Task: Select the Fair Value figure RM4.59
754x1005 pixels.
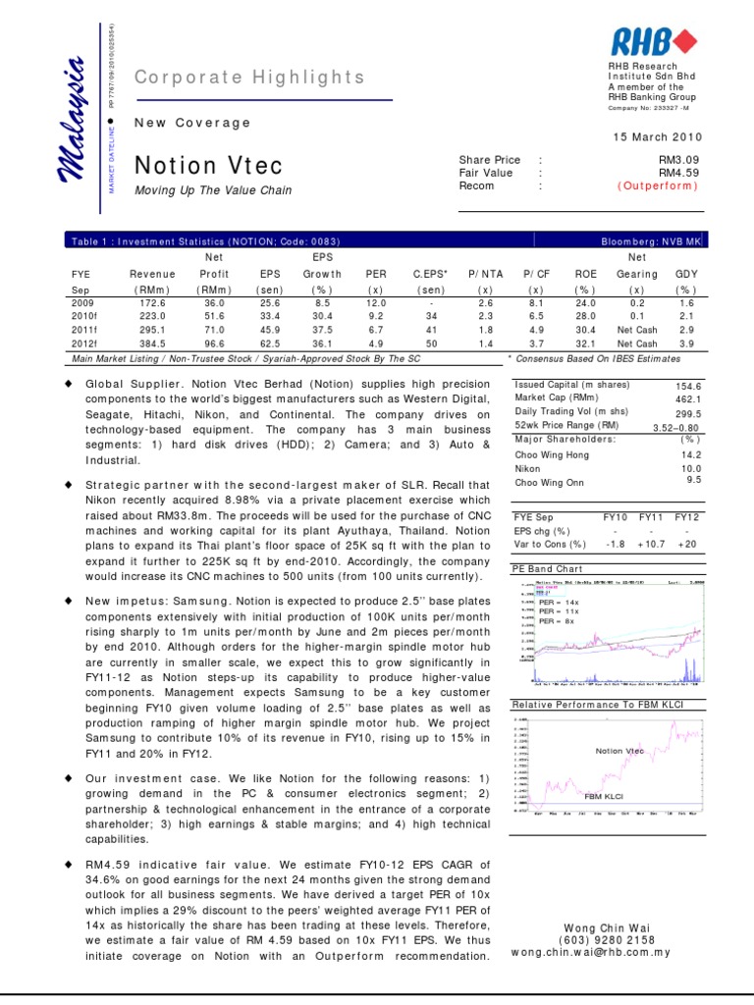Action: tap(677, 173)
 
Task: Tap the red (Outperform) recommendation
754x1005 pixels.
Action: tap(658, 186)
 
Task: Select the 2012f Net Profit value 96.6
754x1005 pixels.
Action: tap(214, 345)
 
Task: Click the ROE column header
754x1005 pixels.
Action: tap(585, 275)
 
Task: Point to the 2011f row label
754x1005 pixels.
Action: tap(84, 332)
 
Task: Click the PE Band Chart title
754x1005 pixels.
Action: tap(547, 568)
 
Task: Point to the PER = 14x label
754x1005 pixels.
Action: tap(559, 601)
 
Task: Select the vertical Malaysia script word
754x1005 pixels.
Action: tap(76, 122)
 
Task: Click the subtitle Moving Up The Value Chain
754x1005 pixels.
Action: tap(213, 190)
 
